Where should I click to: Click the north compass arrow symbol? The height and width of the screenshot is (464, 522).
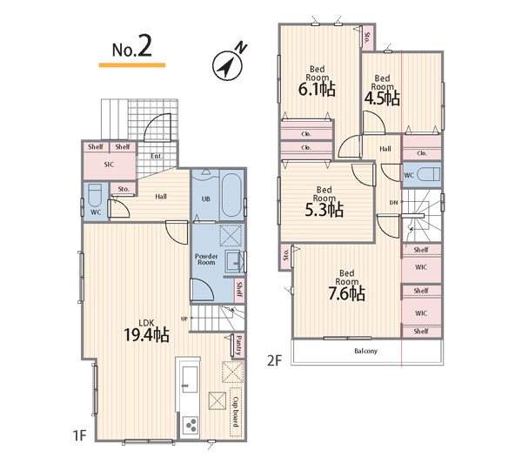point(228,65)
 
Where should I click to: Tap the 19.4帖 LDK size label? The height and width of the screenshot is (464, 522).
point(146,335)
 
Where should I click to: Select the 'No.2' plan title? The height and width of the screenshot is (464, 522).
point(132,46)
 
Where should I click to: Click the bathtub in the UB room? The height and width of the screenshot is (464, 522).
point(231,196)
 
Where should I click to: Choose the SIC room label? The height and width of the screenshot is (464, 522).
point(109,165)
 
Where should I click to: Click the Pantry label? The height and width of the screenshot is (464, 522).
point(238,345)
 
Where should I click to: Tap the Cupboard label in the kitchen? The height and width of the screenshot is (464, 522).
point(236,412)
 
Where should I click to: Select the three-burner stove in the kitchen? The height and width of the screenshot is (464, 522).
point(191,426)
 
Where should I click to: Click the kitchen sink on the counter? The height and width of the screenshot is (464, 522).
point(189,380)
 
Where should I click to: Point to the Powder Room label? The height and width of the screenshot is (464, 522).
point(206,259)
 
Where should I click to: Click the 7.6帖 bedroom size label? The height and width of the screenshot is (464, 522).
point(346,293)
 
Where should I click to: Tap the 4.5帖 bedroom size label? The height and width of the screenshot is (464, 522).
point(382,98)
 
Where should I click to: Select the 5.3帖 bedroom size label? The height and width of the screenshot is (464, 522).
point(325,210)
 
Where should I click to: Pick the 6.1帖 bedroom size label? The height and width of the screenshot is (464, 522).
point(317,90)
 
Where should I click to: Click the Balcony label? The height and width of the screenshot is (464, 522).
point(366,351)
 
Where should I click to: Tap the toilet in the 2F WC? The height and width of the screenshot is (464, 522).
point(428,174)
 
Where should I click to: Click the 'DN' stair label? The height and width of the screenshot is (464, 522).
point(393,203)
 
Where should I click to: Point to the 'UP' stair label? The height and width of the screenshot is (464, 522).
point(184,319)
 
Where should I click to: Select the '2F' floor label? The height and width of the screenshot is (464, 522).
point(274,360)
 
